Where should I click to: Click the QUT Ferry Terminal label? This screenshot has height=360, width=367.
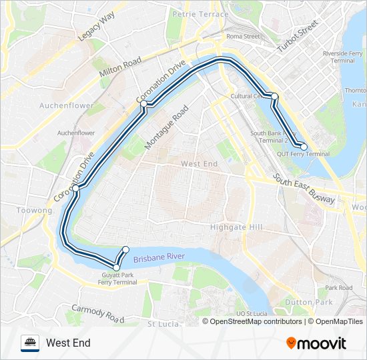pos(303,154)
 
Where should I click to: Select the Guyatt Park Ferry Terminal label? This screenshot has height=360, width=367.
pos(117,279)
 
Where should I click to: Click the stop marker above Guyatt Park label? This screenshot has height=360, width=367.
pos(117,267)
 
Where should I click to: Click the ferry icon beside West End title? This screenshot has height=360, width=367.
pos(30,343)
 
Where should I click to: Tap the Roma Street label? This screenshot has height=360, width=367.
pos(242,36)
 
